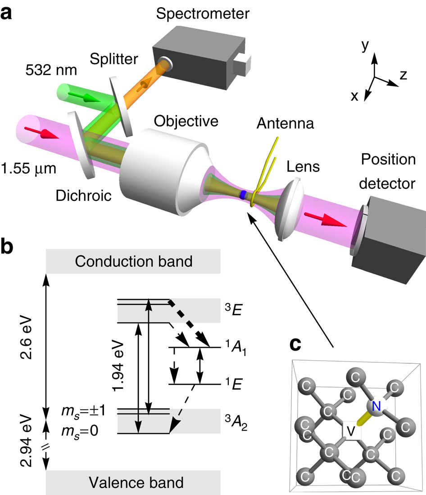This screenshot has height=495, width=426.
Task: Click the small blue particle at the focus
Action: click(x=243, y=195)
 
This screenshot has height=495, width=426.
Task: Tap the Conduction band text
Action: click(x=133, y=261)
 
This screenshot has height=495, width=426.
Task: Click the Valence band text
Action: click(x=133, y=483)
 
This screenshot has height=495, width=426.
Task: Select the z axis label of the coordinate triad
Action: click(x=403, y=75)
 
